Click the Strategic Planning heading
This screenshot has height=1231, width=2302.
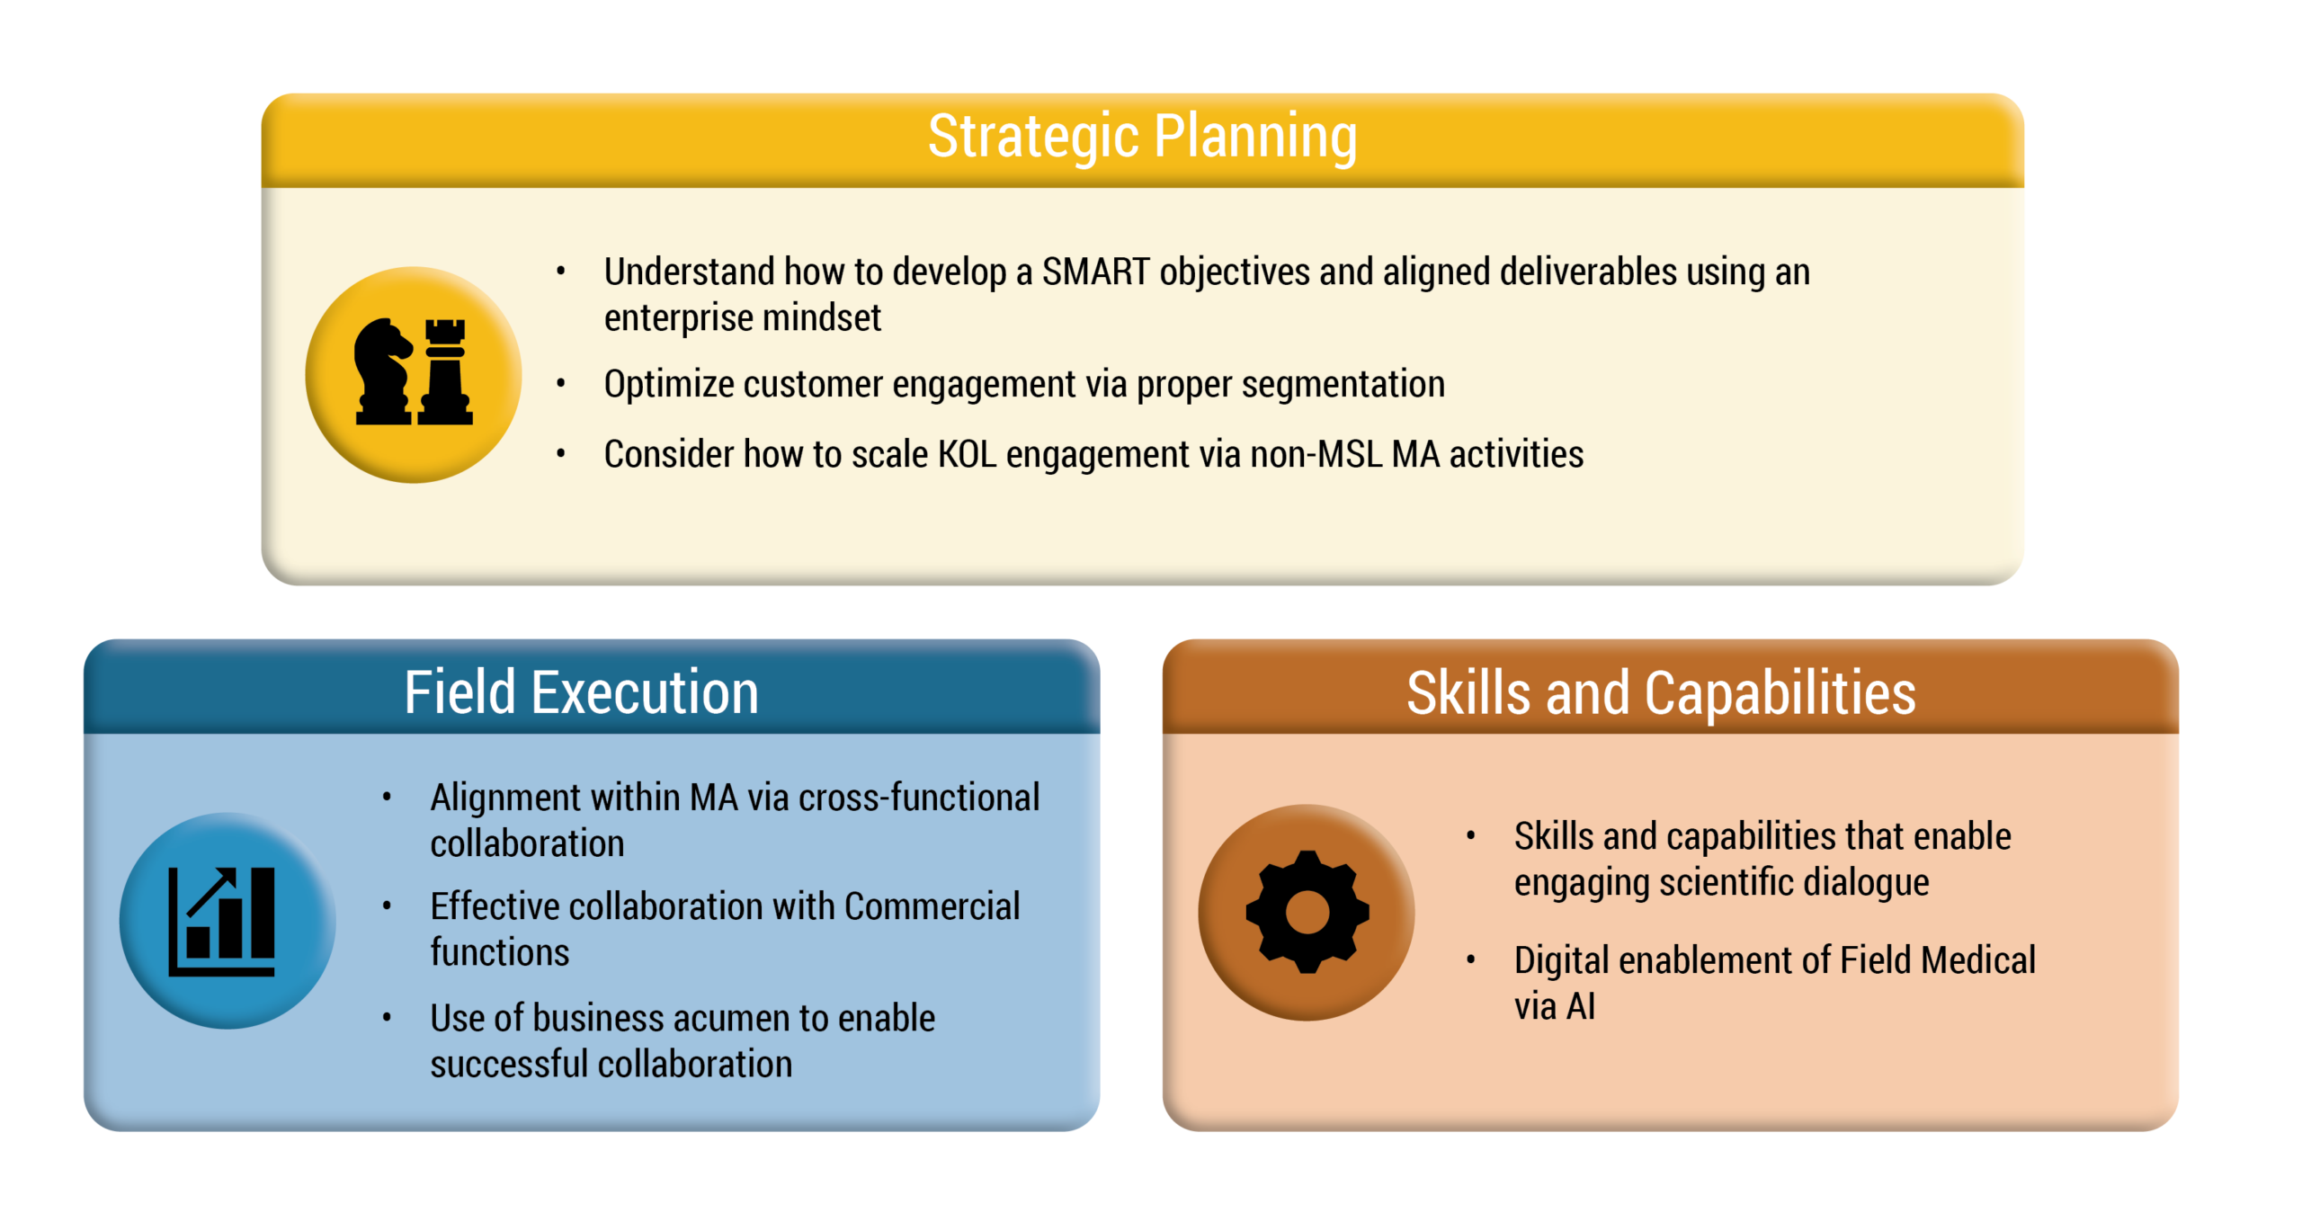[1142, 138]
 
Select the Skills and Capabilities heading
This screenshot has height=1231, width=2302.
[1661, 693]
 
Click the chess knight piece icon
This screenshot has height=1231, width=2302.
[383, 371]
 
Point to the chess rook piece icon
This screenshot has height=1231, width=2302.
[445, 371]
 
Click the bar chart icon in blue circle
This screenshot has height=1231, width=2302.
[222, 922]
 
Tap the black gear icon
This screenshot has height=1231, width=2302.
[1307, 912]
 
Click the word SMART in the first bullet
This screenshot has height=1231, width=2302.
[1095, 272]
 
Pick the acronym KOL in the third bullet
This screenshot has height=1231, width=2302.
[968, 454]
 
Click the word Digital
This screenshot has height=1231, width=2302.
[1561, 961]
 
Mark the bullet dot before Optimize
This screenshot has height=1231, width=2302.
[561, 384]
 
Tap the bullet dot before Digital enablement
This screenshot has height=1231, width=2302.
[1471, 960]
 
